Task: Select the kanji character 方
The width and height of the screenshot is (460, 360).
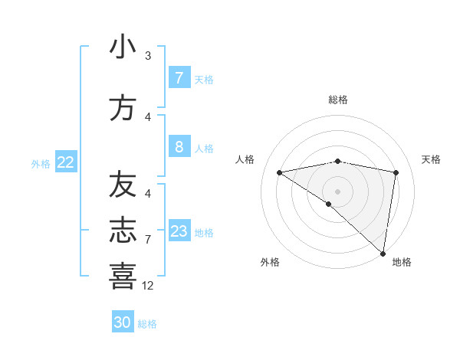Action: [x=123, y=108]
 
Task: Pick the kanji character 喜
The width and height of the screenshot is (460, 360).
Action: [x=123, y=276]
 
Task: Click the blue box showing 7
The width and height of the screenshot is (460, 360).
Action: [x=179, y=77]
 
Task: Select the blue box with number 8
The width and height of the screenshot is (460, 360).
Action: [x=179, y=146]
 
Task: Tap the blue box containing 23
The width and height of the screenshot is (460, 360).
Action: [x=179, y=231]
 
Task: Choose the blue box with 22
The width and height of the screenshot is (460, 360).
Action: [x=65, y=162]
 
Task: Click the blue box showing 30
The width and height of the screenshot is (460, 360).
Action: [x=123, y=322]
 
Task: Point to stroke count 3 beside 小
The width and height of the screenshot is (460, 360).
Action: [x=148, y=56]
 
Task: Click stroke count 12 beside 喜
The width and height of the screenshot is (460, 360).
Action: [x=148, y=286]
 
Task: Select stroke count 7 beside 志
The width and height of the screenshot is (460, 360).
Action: [x=148, y=240]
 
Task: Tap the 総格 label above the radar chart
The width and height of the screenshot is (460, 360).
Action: [x=338, y=100]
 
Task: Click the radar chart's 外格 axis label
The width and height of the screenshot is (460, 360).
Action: [x=270, y=262]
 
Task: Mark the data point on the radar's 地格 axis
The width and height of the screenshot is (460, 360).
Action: [x=383, y=253]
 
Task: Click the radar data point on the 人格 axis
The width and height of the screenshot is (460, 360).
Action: [x=280, y=172]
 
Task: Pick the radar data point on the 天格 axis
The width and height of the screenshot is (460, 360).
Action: [x=396, y=172]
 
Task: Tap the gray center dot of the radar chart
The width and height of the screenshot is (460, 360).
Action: [x=337, y=191]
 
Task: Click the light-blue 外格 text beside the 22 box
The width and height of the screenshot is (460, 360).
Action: [x=41, y=163]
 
